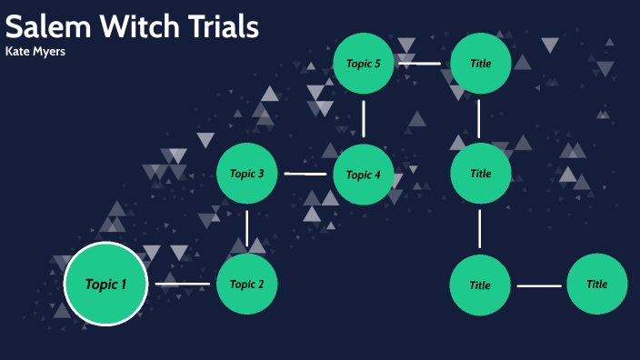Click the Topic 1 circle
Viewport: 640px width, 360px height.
106,284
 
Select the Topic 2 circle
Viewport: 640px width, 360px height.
246,284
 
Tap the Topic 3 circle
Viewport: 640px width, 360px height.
246,173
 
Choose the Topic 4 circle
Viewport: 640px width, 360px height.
363,174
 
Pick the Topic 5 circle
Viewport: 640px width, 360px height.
363,63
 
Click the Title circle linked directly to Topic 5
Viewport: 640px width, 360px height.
480,63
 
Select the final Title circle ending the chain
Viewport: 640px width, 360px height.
596,284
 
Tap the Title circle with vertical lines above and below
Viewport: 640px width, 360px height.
480,173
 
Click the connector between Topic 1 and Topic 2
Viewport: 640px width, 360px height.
182,285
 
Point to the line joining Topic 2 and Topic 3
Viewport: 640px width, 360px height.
247,227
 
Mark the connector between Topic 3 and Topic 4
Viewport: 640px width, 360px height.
305,174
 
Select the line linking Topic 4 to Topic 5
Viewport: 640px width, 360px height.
364,118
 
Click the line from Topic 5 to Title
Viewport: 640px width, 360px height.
419,64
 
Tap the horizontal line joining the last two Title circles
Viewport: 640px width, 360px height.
539,286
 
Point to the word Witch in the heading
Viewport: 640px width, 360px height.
139,26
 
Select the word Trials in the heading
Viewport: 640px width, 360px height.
225,26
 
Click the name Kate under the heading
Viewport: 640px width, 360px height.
18,51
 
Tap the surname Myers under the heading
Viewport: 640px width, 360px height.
50,52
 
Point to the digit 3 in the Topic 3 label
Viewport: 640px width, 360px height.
261,174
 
